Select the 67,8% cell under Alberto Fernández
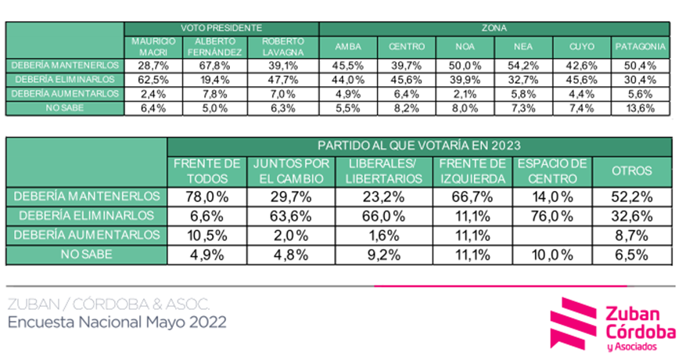(x=215, y=65)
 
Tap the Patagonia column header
(x=641, y=46)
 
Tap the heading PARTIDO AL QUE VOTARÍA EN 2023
(x=419, y=146)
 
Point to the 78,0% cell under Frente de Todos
(x=206, y=196)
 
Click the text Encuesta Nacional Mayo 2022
(x=117, y=322)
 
